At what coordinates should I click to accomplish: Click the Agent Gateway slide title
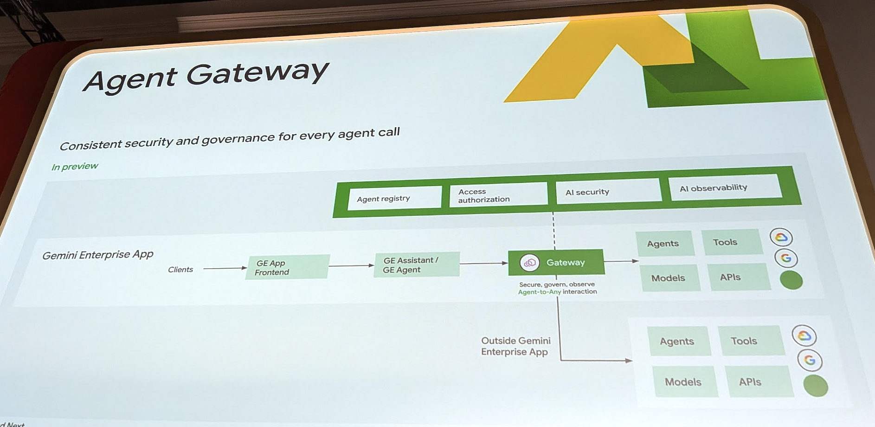(x=206, y=76)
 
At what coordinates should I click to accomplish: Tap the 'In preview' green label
(x=75, y=167)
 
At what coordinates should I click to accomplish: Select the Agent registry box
(x=394, y=198)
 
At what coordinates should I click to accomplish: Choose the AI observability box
(x=726, y=188)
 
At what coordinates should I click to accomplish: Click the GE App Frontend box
(x=287, y=267)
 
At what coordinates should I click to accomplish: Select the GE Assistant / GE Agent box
(x=416, y=265)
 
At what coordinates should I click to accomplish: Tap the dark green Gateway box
(x=556, y=262)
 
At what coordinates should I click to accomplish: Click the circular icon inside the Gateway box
(x=529, y=263)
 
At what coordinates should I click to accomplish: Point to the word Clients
(x=180, y=270)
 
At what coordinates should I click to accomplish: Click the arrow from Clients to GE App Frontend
(x=225, y=268)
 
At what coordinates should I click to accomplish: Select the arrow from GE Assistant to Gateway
(x=483, y=263)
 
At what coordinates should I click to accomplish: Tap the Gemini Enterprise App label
(x=98, y=255)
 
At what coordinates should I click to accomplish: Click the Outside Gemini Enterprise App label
(x=515, y=346)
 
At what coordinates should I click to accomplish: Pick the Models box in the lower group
(x=684, y=382)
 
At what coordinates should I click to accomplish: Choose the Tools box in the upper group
(x=731, y=242)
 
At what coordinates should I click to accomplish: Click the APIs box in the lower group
(x=757, y=382)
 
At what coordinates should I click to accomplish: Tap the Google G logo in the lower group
(x=810, y=360)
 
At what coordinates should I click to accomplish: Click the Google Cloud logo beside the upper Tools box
(x=781, y=237)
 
